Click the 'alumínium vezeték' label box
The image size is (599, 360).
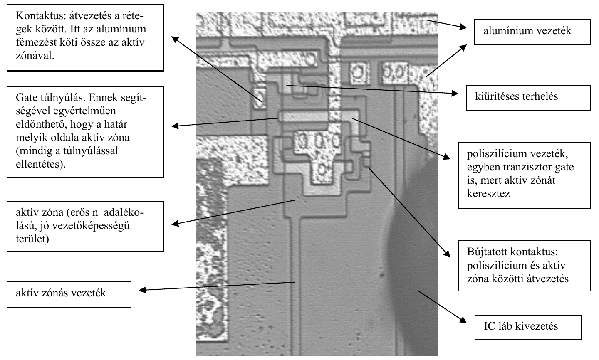click(532, 32)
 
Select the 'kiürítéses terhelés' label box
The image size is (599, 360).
click(528, 98)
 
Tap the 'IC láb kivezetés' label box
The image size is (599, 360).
click(528, 328)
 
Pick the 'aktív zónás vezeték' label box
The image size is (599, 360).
click(69, 294)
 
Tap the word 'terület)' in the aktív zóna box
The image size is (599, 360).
click(32, 239)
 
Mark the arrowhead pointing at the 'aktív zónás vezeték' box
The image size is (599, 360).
click(142, 290)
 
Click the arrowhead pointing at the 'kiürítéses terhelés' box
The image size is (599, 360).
click(455, 93)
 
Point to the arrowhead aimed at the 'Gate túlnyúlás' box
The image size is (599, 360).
click(175, 126)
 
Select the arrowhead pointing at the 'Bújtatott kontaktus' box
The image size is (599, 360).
click(447, 254)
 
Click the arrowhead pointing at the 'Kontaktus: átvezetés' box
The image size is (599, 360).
click(175, 39)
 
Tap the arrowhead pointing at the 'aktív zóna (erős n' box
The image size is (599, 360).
click(175, 223)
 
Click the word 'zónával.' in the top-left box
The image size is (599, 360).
click(35, 56)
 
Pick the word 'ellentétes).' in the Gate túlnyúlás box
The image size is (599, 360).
click(41, 164)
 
